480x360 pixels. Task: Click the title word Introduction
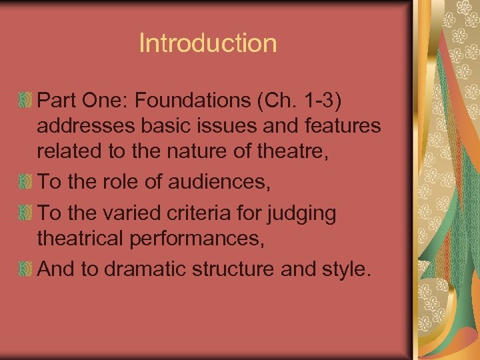coord(207,43)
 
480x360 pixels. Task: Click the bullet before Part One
coord(25,101)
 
